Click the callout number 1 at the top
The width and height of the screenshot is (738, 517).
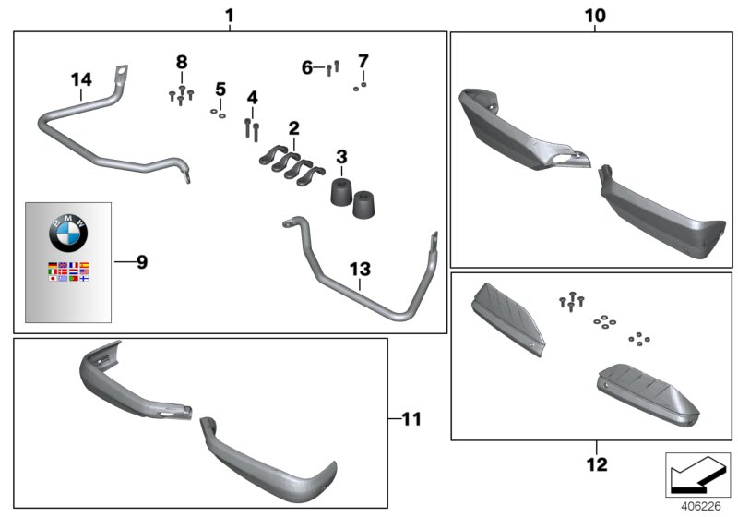[229, 15]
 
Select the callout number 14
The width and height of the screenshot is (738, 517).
[81, 80]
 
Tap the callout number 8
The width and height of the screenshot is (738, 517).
[182, 62]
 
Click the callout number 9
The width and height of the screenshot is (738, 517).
[141, 262]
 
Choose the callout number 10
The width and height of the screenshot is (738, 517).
[595, 16]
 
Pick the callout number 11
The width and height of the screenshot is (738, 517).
[411, 419]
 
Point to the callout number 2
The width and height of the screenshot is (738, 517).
[293, 126]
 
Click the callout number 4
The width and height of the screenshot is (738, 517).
[252, 97]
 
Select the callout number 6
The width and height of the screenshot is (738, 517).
[307, 67]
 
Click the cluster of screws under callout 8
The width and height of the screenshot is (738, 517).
[181, 94]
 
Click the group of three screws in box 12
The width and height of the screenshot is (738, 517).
[571, 299]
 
